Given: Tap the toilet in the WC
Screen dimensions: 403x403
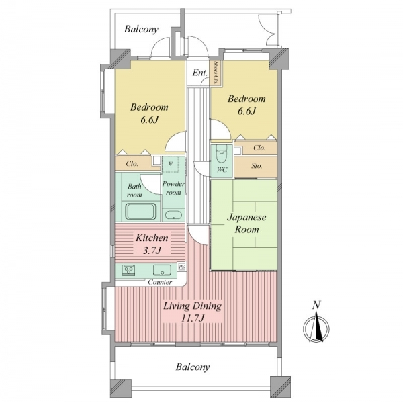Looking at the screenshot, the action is pyautogui.click(x=222, y=154).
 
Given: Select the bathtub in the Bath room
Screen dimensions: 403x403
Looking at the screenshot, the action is pyautogui.click(x=141, y=212).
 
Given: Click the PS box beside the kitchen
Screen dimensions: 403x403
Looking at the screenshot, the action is pyautogui.click(x=182, y=267).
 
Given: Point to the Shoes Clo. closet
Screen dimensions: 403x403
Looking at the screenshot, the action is pyautogui.click(x=216, y=73).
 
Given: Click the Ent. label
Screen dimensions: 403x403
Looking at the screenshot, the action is pyautogui.click(x=199, y=73).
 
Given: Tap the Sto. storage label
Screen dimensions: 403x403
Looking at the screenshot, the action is pyautogui.click(x=257, y=166).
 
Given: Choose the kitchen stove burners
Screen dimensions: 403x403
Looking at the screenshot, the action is pyautogui.click(x=128, y=270).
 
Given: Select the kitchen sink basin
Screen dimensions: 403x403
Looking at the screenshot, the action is pyautogui.click(x=162, y=270).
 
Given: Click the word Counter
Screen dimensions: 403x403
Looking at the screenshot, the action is pyautogui.click(x=160, y=282).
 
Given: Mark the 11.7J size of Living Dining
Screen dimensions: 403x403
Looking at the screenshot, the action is pyautogui.click(x=193, y=318).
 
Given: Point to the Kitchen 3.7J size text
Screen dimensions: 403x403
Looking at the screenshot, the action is pyautogui.click(x=152, y=250).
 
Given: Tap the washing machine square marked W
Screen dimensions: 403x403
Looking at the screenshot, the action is pyautogui.click(x=171, y=164).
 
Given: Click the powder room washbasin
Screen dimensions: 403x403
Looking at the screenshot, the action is pyautogui.click(x=173, y=215).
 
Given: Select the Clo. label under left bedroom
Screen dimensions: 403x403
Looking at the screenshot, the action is pyautogui.click(x=132, y=164).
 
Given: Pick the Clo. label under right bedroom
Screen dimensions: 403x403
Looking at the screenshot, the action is pyautogui.click(x=259, y=148).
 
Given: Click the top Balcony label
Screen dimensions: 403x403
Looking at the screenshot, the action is pyautogui.click(x=141, y=29).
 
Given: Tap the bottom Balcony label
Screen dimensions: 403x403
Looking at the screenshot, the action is pyautogui.click(x=193, y=367).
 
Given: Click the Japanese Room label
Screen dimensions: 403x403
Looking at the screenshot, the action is pyautogui.click(x=247, y=224).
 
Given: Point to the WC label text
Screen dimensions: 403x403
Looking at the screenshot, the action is pyautogui.click(x=222, y=170).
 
